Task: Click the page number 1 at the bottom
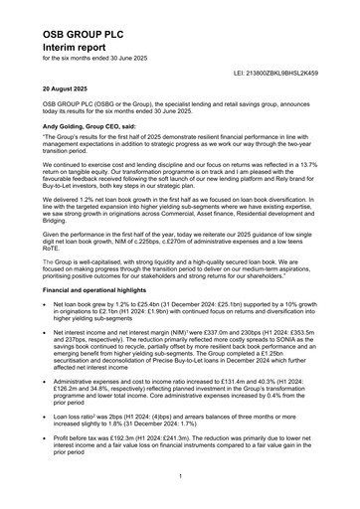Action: [x=180, y=475]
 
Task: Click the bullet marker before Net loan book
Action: [x=47, y=299]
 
